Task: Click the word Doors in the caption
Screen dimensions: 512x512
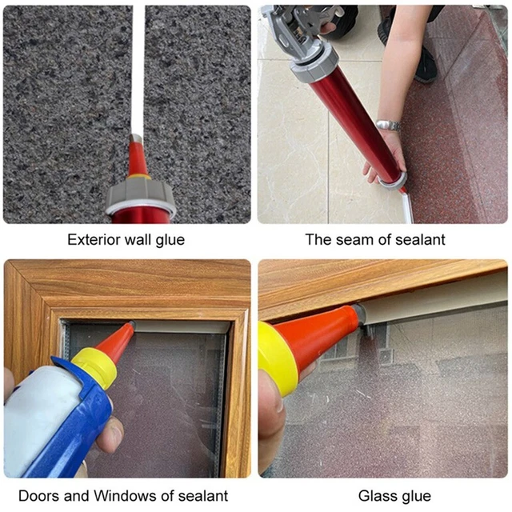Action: tap(39, 496)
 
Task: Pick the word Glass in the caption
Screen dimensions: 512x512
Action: tap(376, 496)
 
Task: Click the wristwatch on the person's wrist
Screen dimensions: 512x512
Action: tap(389, 125)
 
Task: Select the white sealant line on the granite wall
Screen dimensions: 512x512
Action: tap(138, 70)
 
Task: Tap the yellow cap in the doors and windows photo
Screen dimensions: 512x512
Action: tap(94, 366)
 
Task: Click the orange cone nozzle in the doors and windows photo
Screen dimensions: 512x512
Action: tap(116, 339)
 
